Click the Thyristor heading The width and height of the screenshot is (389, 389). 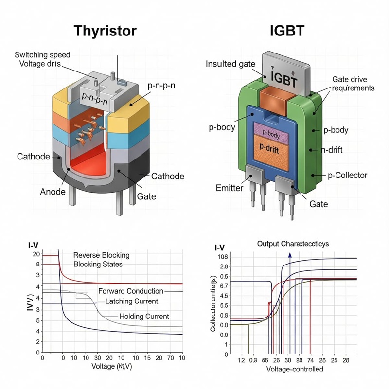[x=105, y=31]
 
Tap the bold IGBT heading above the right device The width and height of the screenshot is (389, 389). [x=287, y=31]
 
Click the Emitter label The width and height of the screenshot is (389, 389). [x=229, y=188]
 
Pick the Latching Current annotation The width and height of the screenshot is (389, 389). [x=133, y=302]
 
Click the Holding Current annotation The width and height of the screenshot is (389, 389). [x=144, y=317]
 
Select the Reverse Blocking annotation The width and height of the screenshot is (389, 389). [x=101, y=255]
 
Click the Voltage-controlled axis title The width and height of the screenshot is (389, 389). [x=295, y=369]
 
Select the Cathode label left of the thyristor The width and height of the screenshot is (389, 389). [x=33, y=157]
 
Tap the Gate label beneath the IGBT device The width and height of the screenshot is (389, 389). [x=318, y=204]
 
